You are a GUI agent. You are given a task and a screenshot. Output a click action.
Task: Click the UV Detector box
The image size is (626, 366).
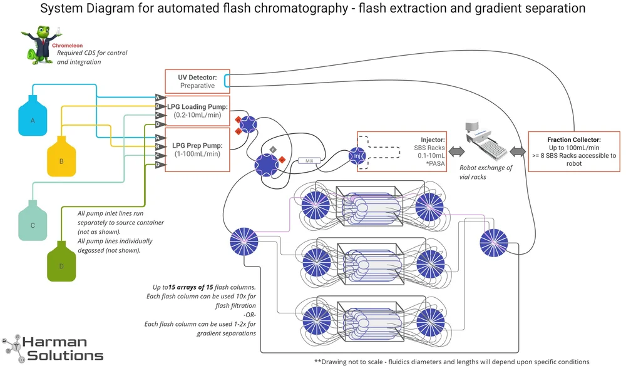point(197,81)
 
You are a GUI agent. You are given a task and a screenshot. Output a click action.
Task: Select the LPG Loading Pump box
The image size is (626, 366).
point(197,111)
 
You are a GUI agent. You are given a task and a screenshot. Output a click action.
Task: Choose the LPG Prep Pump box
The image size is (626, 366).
point(197,150)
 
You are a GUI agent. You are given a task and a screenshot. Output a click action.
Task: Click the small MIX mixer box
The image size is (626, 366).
point(309,161)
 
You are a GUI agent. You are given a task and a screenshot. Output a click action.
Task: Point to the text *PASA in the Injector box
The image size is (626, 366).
point(433,164)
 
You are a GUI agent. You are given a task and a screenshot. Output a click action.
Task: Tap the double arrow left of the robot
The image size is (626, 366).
point(455,151)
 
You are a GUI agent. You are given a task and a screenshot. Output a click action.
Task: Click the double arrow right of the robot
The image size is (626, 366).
point(516,151)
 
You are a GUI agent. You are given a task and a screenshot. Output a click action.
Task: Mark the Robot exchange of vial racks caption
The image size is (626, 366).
point(486,172)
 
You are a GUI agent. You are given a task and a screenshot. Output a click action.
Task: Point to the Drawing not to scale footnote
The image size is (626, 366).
point(451,361)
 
